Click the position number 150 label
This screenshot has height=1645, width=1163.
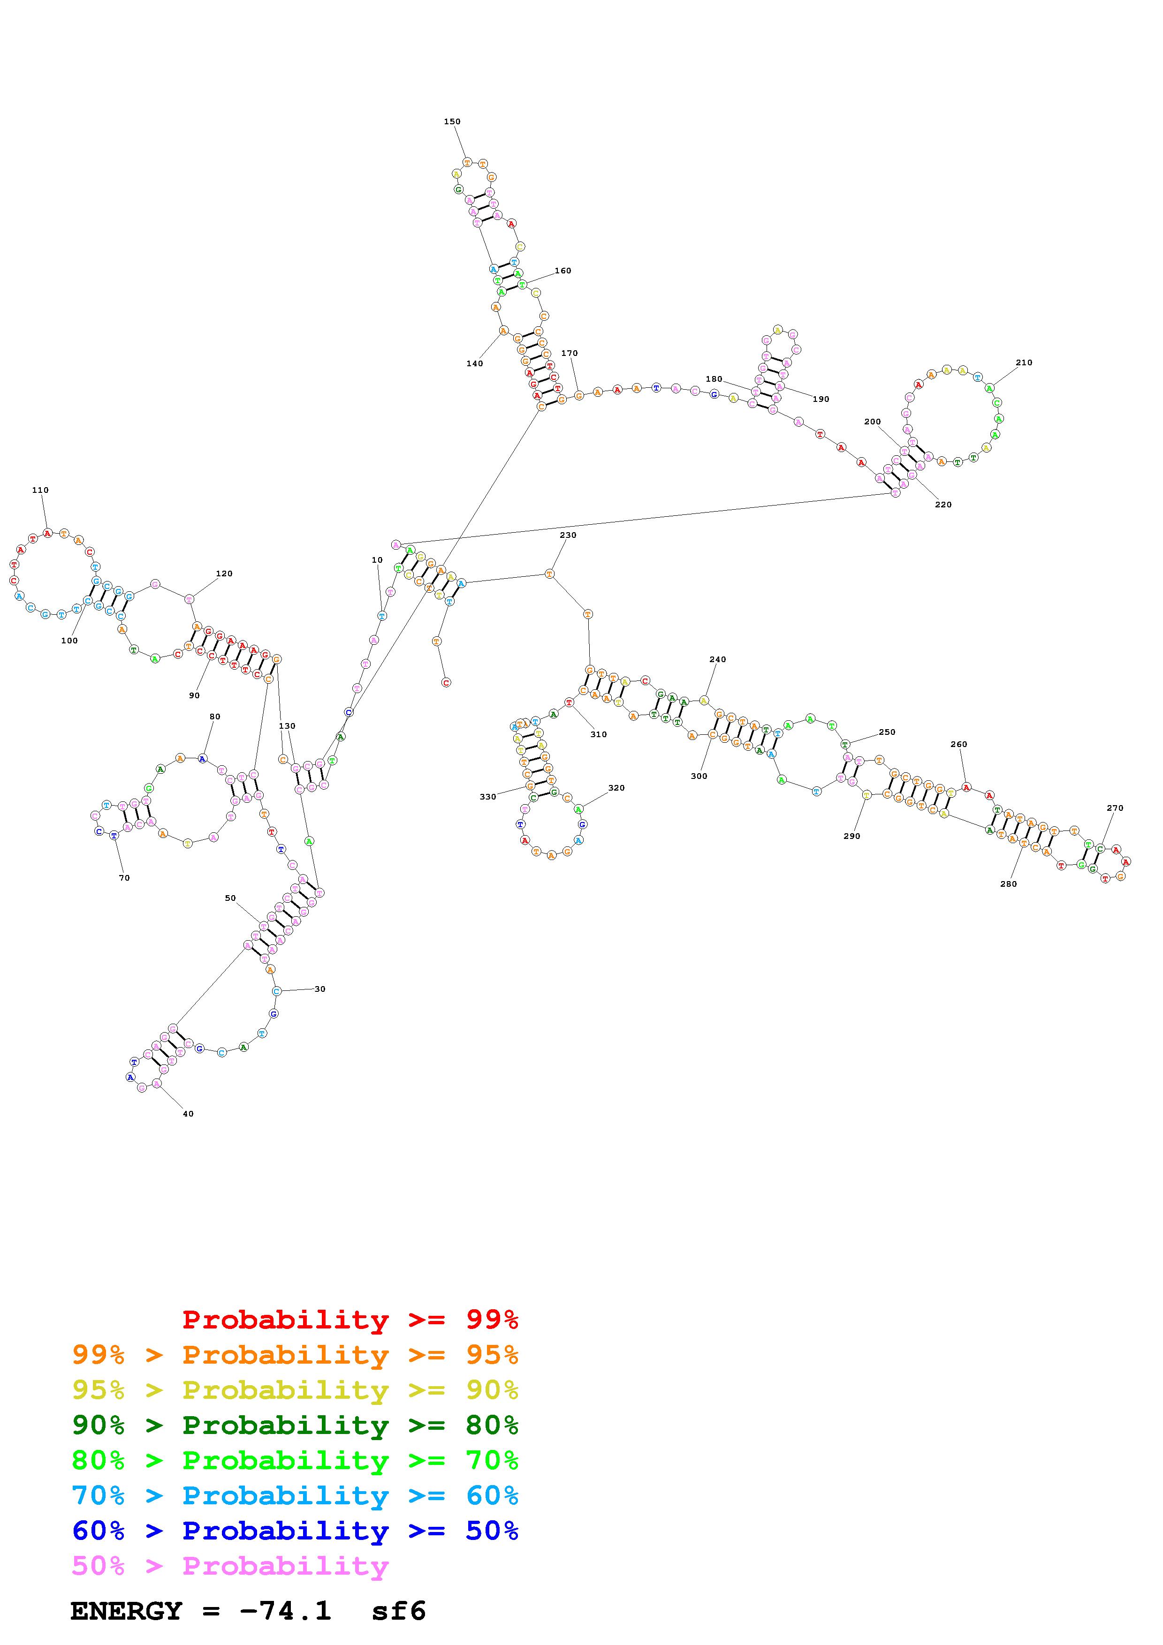coord(452,122)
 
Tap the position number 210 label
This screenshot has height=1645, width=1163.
coord(1024,362)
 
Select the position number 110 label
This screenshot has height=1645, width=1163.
coord(40,491)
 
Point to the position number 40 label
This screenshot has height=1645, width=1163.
coord(188,1114)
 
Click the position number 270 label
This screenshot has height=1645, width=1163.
coord(1115,808)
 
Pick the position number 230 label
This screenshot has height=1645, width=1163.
coord(568,535)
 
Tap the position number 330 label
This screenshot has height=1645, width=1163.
coord(488,797)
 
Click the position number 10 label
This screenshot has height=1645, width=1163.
coord(377,560)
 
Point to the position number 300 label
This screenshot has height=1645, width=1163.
coord(699,776)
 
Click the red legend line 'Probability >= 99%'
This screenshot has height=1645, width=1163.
coord(350,1320)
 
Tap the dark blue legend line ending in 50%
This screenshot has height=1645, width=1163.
coord(295,1531)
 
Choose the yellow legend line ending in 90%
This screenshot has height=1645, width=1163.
coord(295,1390)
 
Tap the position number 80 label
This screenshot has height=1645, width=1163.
coord(215,717)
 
